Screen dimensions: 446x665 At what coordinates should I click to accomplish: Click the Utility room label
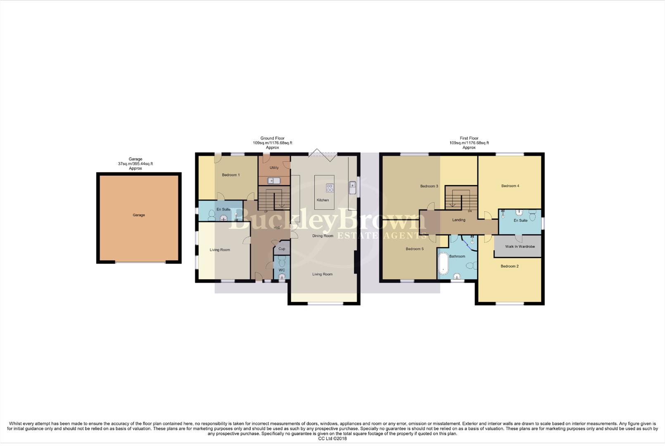coord(274,168)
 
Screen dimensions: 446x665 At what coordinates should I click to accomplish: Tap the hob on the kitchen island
coord(330,188)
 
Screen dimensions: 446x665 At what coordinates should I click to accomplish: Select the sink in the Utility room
coord(273,180)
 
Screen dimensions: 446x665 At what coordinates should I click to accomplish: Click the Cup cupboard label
coord(282,249)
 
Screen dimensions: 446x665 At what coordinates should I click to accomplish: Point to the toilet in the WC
coord(282,262)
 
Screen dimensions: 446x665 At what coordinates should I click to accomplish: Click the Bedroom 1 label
coord(230,175)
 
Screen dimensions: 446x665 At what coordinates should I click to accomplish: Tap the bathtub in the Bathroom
coord(443,263)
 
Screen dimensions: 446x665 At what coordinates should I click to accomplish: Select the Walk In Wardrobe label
coord(520,247)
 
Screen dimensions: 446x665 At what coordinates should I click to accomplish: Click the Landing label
coord(458,220)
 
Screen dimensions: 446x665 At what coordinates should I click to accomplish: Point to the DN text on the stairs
coord(470,211)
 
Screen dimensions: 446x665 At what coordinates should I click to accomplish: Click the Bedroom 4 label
coord(510,186)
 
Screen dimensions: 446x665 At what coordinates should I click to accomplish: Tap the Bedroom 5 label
coord(414,249)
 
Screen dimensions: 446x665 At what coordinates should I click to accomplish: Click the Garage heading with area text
coord(135,164)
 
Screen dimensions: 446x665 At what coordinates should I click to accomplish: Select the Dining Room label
coord(323,236)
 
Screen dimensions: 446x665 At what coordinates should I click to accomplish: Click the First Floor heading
coord(469,138)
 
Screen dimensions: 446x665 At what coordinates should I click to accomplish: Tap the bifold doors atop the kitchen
coord(323,154)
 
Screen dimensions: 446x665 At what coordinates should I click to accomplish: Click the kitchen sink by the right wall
coord(352,188)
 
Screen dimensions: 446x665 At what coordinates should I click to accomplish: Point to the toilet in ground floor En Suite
coord(212,215)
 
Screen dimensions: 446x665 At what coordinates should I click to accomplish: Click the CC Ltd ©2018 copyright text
coord(332,439)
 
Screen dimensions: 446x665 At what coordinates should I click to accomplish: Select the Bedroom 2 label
coord(509,266)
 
